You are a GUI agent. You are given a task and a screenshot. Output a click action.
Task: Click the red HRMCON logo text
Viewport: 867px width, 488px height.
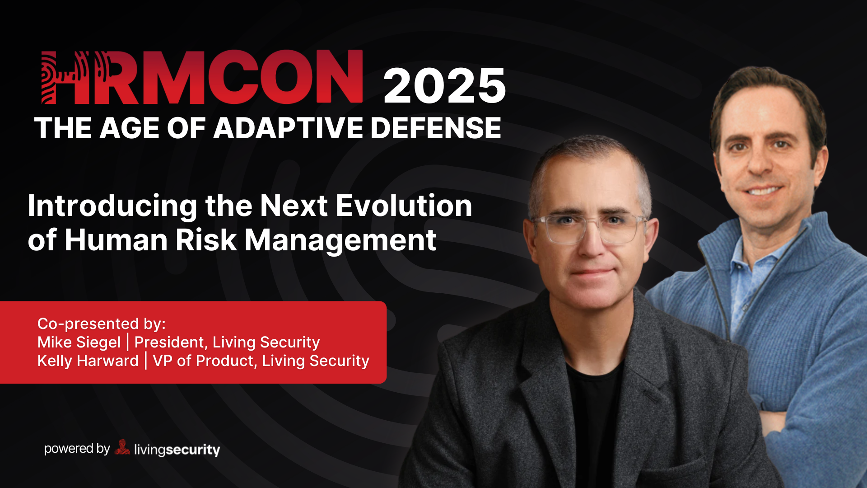pyautogui.click(x=202, y=77)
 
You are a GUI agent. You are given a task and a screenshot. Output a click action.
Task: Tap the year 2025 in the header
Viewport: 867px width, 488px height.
pyautogui.click(x=445, y=86)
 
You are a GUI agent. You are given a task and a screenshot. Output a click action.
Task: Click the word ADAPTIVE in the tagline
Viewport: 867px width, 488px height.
pyautogui.click(x=288, y=128)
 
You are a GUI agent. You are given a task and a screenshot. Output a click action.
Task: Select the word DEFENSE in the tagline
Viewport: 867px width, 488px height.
pyautogui.click(x=436, y=128)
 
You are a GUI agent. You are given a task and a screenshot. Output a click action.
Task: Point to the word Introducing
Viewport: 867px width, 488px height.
pyautogui.click(x=112, y=206)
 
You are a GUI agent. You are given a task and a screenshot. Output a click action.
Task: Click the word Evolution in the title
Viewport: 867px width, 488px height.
pyautogui.click(x=404, y=206)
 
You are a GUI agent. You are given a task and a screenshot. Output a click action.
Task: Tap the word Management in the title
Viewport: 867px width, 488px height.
pyautogui.click(x=340, y=241)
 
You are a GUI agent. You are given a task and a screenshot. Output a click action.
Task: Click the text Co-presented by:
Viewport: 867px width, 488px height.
pyautogui.click(x=102, y=324)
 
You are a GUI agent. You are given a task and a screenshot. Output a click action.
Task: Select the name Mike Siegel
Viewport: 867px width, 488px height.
pyautogui.click(x=79, y=343)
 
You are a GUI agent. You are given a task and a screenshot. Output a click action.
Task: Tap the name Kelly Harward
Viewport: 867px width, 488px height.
pyautogui.click(x=88, y=361)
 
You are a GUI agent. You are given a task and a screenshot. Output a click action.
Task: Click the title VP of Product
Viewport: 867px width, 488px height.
pyautogui.click(x=205, y=361)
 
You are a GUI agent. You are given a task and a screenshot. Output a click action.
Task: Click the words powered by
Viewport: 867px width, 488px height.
pyautogui.click(x=77, y=449)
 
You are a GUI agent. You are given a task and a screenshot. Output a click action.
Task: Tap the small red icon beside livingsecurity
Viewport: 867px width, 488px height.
pyautogui.click(x=122, y=447)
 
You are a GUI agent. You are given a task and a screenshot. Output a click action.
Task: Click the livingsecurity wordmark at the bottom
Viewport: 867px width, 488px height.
pyautogui.click(x=177, y=450)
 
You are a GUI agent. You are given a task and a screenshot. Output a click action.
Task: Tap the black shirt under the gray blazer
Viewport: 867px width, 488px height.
pyautogui.click(x=594, y=416)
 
